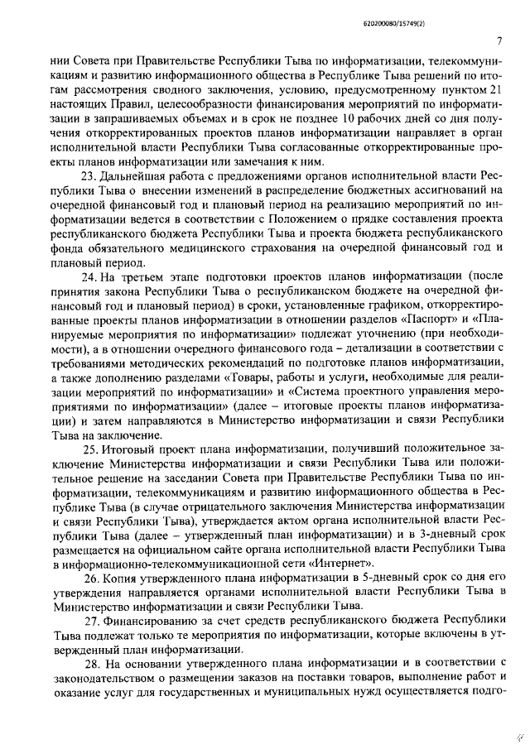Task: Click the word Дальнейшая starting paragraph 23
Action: click(131, 178)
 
